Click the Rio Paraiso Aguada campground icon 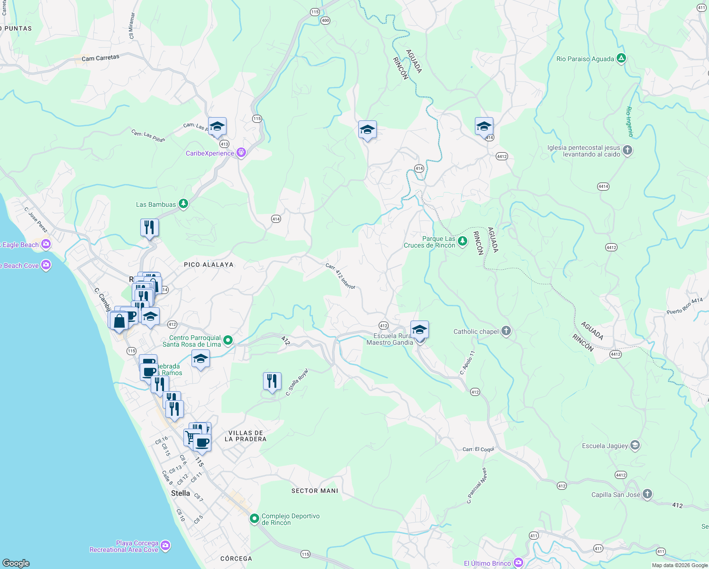pos(621,59)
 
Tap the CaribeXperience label pos(210,153)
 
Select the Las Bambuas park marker pos(183,204)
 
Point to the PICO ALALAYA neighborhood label pos(209,265)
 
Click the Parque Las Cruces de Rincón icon pos(463,242)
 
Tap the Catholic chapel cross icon pos(506,331)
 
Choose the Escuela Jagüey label pos(605,446)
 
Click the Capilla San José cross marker pos(647,495)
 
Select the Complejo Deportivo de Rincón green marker pos(255,519)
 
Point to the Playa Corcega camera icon pos(165,546)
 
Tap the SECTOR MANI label pos(315,491)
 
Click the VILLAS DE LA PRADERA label pos(245,436)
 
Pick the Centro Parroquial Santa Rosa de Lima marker pos(228,340)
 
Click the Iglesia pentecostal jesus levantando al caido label pos(583,151)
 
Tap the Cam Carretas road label pos(100,58)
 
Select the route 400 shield pos(325,20)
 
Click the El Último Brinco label pos(487,563)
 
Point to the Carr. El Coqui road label pos(478,449)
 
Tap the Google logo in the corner pos(16,563)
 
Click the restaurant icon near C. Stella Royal pos(272,381)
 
